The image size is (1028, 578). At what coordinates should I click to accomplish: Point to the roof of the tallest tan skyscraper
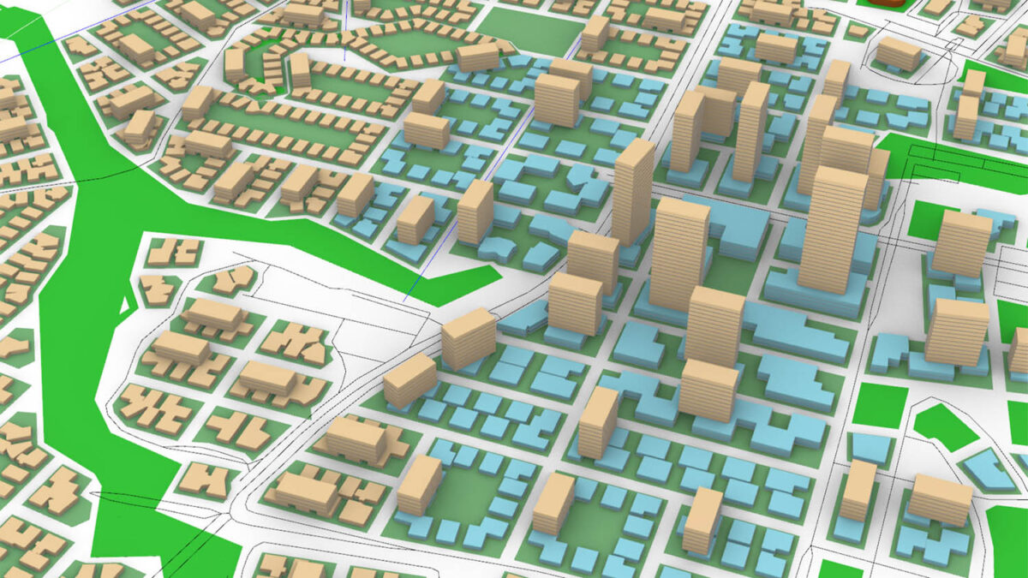(x=834, y=181)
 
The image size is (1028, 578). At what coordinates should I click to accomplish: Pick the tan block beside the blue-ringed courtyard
(x=419, y=484)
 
